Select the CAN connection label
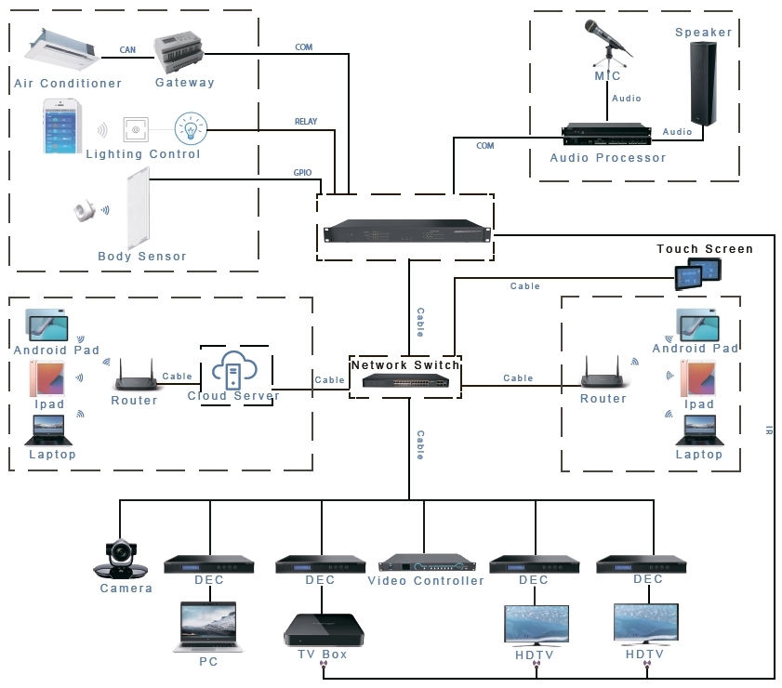(129, 50)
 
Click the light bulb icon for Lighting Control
(190, 128)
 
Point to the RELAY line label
(306, 122)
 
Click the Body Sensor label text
(142, 257)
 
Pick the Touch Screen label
(705, 249)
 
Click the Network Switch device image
(405, 381)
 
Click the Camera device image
(124, 558)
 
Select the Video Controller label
(426, 581)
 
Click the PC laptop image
(208, 626)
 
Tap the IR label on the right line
(769, 430)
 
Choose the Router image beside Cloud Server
(135, 376)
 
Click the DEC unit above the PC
(209, 563)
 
